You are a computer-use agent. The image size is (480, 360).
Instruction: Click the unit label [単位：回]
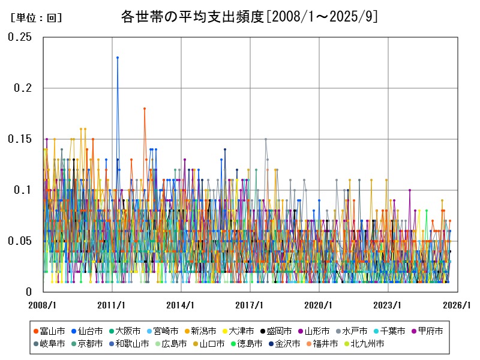click(x=37, y=18)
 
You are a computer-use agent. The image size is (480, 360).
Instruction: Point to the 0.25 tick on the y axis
click(x=20, y=37)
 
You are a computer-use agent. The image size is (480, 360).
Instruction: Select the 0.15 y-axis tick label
click(x=20, y=139)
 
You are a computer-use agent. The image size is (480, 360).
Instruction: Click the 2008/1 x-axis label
click(x=43, y=305)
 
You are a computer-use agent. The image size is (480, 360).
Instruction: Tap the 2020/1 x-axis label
click(x=319, y=305)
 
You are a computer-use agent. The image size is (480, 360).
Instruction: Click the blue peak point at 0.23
click(x=118, y=58)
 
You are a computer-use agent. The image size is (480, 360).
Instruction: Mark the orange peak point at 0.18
click(x=145, y=109)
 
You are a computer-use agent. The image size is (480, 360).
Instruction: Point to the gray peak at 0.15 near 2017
click(x=266, y=139)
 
